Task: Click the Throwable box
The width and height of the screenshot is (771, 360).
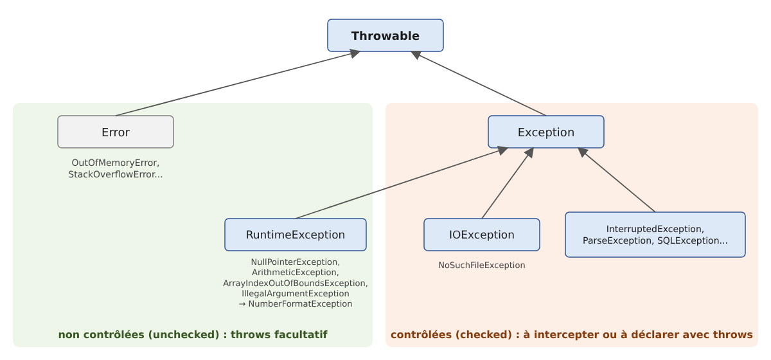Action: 385,35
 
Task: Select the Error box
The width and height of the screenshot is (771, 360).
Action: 116,132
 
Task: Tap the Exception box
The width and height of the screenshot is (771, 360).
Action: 546,132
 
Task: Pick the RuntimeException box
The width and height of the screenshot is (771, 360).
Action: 296,235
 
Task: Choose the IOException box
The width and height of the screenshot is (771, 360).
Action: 481,235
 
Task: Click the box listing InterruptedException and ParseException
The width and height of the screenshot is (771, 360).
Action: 655,235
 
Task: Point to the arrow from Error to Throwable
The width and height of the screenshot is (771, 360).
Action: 238,84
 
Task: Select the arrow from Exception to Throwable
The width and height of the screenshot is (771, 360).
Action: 479,84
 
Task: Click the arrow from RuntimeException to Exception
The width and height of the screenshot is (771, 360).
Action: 402,183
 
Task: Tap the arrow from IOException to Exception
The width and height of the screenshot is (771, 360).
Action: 508,183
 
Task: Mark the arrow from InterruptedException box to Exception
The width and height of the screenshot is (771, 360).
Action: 616,180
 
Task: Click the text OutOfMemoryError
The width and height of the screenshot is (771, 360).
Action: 114,163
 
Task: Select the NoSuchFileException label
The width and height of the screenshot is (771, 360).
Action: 481,265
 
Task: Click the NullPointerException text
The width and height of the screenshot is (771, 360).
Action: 294,262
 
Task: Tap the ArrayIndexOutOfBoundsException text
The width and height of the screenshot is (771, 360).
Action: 294,283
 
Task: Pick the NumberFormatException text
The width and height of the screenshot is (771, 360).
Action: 300,304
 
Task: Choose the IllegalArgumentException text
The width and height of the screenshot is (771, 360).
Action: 296,294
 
